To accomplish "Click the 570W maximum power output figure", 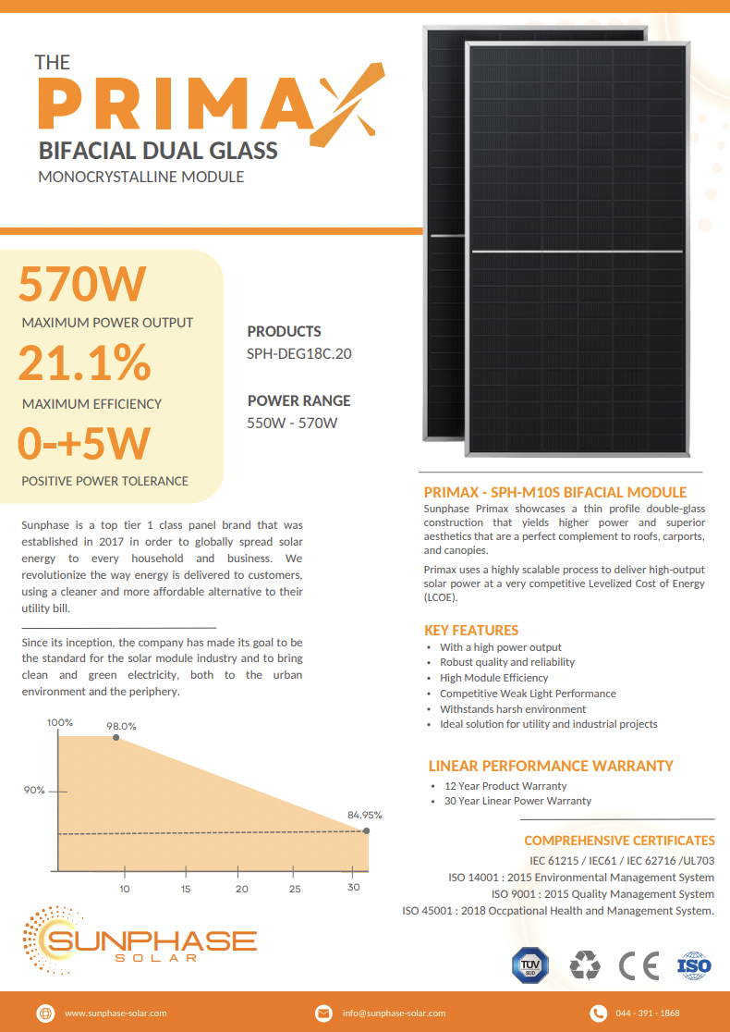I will pyautogui.click(x=82, y=284).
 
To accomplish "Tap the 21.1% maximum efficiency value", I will pyautogui.click(x=84, y=363).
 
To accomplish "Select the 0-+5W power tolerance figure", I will pyautogui.click(x=84, y=443).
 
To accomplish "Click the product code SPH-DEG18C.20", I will pyautogui.click(x=299, y=353).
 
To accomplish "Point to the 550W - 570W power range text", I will pyautogui.click(x=292, y=424).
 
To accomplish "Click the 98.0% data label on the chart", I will pyautogui.click(x=121, y=726).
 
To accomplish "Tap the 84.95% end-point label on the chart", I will pyautogui.click(x=364, y=815).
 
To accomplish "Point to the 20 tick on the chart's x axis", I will pyautogui.click(x=242, y=889).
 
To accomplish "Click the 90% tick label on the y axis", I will pyautogui.click(x=34, y=791).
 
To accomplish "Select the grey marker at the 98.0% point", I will pyautogui.click(x=116, y=738).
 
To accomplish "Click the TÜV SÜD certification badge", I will pyautogui.click(x=529, y=966).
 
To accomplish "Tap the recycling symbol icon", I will pyautogui.click(x=584, y=966).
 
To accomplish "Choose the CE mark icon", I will pyautogui.click(x=639, y=966).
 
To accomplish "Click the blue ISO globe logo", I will pyautogui.click(x=694, y=966).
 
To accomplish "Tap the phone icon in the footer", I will pyautogui.click(x=598, y=1014).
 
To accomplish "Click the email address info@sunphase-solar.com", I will pyautogui.click(x=394, y=1014).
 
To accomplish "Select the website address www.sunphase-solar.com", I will pyautogui.click(x=116, y=1014).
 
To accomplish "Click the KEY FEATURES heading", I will pyautogui.click(x=471, y=630).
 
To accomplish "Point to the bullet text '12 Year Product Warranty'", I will pyautogui.click(x=505, y=786).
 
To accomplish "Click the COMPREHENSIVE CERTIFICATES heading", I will pyautogui.click(x=619, y=841).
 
